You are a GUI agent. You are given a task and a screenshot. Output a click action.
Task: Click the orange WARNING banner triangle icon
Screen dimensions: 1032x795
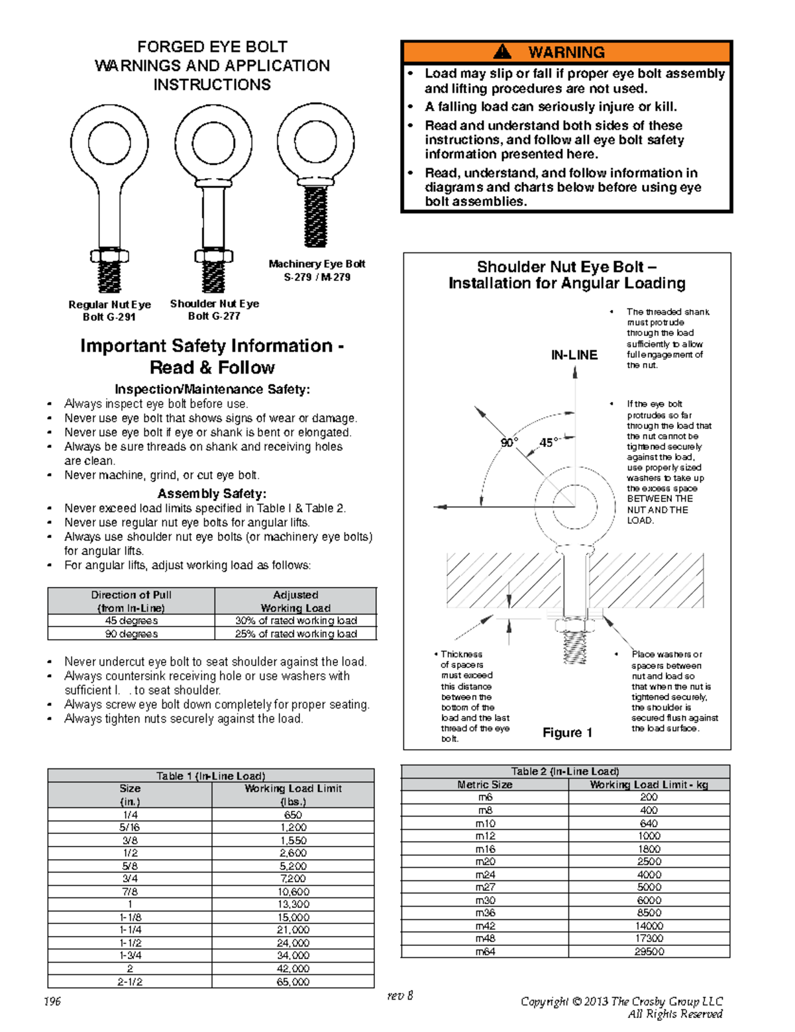tap(503, 52)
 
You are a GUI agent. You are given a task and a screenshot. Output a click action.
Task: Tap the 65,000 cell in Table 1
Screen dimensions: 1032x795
tap(293, 982)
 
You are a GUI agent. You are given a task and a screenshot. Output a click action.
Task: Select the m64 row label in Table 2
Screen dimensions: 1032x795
tap(485, 952)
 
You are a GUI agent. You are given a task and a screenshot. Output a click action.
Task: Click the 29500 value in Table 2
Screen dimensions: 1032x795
tap(649, 952)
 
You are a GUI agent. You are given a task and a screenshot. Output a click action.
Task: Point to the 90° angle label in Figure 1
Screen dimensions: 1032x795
tap(509, 442)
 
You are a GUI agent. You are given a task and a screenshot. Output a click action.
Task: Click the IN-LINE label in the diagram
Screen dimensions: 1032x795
tap(574, 356)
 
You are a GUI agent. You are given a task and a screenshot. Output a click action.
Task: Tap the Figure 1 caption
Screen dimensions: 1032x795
tap(567, 733)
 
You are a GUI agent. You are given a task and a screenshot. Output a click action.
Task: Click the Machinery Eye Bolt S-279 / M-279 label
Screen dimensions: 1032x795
tap(317, 270)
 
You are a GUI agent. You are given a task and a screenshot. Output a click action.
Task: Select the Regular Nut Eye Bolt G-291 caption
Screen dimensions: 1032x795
tap(109, 310)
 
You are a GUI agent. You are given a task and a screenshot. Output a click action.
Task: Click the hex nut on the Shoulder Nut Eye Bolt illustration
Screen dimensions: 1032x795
tap(213, 256)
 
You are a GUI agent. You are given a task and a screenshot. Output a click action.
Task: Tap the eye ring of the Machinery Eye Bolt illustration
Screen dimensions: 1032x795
tap(315, 142)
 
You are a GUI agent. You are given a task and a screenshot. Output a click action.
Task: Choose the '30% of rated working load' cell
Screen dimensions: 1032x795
tap(295, 621)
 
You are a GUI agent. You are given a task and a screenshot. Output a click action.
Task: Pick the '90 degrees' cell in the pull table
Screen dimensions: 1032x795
tap(131, 634)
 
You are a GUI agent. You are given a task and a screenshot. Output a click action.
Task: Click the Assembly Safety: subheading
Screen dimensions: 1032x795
tap(212, 493)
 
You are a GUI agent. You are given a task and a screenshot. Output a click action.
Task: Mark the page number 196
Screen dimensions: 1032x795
tap(52, 1001)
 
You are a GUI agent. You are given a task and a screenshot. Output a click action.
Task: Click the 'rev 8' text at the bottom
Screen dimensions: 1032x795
tap(400, 995)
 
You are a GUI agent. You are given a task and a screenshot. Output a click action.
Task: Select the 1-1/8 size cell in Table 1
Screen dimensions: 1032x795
tap(130, 917)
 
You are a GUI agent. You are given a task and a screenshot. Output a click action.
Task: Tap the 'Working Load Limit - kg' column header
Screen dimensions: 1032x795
tap(649, 784)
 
